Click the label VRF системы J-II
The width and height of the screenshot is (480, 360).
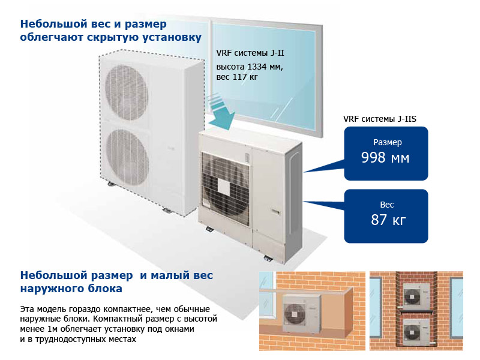tap(250, 53)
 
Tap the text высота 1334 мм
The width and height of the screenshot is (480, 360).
tap(249, 66)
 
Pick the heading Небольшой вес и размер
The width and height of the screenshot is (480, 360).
tap(94, 25)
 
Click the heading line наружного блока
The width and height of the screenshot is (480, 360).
tap(71, 289)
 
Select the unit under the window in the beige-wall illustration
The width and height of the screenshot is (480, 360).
tap(298, 312)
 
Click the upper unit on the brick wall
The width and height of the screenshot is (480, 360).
tap(416, 294)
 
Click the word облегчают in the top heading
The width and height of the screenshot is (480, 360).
tap(53, 38)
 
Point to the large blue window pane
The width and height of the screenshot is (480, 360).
tap(264, 66)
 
